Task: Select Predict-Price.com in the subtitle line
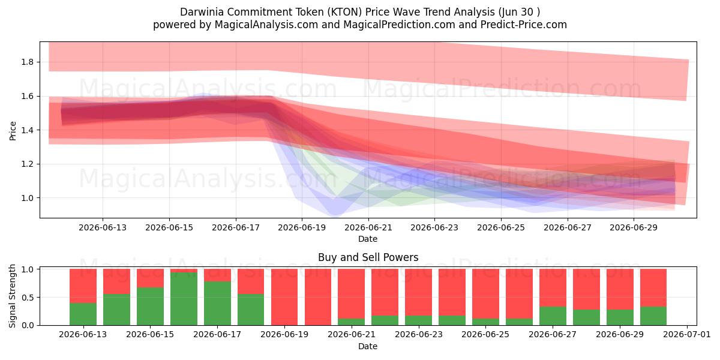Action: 524,25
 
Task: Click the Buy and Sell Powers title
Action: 368,257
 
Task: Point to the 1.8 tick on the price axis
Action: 28,62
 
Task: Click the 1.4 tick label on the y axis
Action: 28,130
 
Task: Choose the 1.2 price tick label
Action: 28,164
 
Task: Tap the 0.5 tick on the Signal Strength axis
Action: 28,298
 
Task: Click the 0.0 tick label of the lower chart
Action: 28,325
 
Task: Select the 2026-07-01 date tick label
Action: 687,335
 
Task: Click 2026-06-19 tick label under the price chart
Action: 302,227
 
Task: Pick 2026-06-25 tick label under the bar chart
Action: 485,335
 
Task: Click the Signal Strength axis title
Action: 12,296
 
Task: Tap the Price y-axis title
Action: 13,131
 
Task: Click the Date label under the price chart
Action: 368,239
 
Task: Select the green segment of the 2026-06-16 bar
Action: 184,299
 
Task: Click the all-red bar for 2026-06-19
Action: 284,297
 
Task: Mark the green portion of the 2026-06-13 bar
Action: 83,314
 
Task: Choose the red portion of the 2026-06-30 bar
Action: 653,287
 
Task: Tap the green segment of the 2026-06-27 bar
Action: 553,316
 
